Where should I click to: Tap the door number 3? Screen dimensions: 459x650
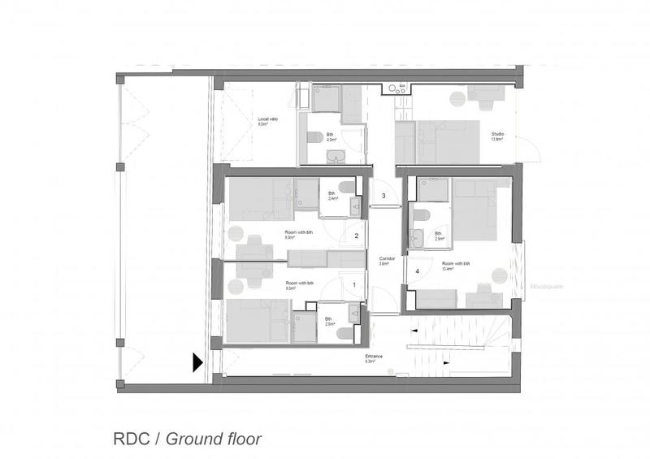[383, 196]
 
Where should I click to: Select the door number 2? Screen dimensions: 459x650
[356, 236]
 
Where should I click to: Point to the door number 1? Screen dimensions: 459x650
[353, 284]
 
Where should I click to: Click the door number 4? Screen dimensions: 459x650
[418, 271]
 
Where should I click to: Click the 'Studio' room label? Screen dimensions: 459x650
[496, 136]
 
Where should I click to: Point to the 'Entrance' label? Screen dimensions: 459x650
[373, 358]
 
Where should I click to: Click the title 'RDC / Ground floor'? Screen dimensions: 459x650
[187, 440]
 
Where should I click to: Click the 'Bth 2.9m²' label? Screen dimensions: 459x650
[439, 236]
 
